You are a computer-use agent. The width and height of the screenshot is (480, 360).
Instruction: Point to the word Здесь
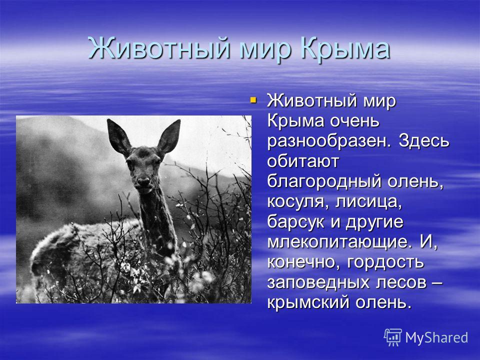point(424,140)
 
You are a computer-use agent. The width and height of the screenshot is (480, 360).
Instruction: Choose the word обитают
point(303,160)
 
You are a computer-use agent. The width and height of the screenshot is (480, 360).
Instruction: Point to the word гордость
point(385,262)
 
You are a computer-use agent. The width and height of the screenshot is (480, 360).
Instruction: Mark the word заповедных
point(318,283)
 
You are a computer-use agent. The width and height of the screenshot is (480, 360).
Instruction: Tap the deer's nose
point(143,180)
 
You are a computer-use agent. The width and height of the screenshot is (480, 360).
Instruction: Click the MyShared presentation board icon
point(393,337)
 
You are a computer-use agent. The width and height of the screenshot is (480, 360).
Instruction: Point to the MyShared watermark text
point(436,338)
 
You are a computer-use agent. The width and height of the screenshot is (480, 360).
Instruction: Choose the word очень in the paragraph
point(354,121)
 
